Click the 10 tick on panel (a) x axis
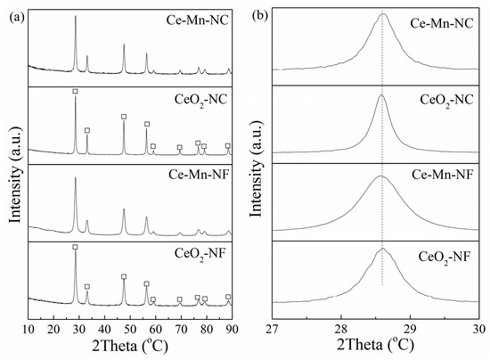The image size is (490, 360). point(29,329)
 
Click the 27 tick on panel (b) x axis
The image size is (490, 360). point(273,329)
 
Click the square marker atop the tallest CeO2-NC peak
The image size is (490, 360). point(75,92)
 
